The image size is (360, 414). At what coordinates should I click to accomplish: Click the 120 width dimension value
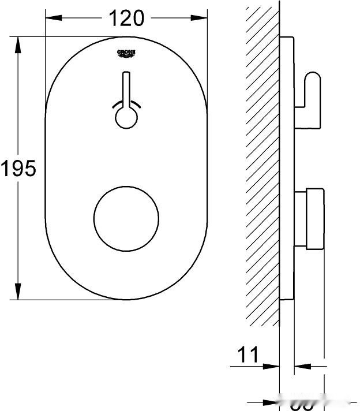tap(126, 18)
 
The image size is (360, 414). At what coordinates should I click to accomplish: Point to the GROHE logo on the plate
tap(126, 54)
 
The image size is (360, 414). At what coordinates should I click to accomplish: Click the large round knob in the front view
tap(126, 218)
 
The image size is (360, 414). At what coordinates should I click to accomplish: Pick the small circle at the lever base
tap(126, 118)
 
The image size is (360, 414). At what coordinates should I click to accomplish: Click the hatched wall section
tap(262, 167)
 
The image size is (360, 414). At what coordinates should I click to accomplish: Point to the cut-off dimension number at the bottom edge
tap(301, 406)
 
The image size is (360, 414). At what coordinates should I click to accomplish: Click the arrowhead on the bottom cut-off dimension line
tap(271, 402)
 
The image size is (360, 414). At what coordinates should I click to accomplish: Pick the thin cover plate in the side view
tap(287, 167)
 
